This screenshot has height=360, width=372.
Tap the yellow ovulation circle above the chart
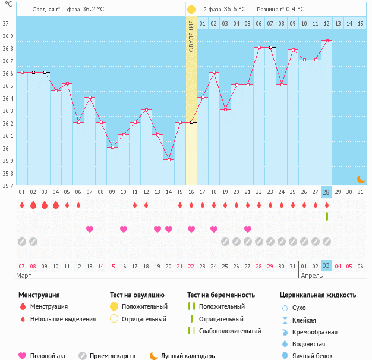(191, 10)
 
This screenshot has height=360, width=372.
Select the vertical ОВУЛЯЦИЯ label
(191, 36)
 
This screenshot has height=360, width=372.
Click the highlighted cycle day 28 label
(326, 192)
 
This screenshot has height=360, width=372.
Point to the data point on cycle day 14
(169, 159)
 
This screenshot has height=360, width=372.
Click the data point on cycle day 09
(112, 148)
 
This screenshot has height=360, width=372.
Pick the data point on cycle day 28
(326, 40)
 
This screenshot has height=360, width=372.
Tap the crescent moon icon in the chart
(360, 179)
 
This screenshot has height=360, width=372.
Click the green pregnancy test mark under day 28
(326, 217)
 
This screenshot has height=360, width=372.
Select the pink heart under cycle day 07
(90, 229)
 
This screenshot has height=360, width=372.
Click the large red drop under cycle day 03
(45, 205)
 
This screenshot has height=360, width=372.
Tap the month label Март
(25, 276)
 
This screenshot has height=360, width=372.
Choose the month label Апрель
(311, 276)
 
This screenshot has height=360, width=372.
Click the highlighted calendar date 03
(326, 266)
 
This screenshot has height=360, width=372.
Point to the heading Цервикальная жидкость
(318, 295)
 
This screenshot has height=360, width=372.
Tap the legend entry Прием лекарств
(112, 356)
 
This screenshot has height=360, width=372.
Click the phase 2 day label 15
(360, 23)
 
